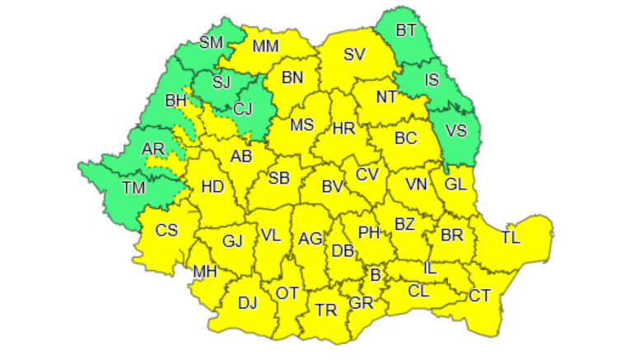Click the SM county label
click(x=211, y=43)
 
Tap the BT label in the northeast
click(x=406, y=30)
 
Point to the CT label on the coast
click(x=479, y=295)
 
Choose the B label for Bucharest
click(x=376, y=274)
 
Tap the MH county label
click(x=204, y=271)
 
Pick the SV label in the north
click(x=354, y=55)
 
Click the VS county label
click(x=455, y=131)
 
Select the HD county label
click(x=213, y=187)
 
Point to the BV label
click(x=332, y=187)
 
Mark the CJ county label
click(x=243, y=108)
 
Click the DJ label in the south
click(x=247, y=303)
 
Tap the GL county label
click(x=455, y=184)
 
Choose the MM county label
click(x=265, y=46)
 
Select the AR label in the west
click(x=152, y=149)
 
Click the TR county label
click(x=326, y=310)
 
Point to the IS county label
click(x=432, y=80)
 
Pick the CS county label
click(x=166, y=230)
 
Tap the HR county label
click(x=343, y=128)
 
